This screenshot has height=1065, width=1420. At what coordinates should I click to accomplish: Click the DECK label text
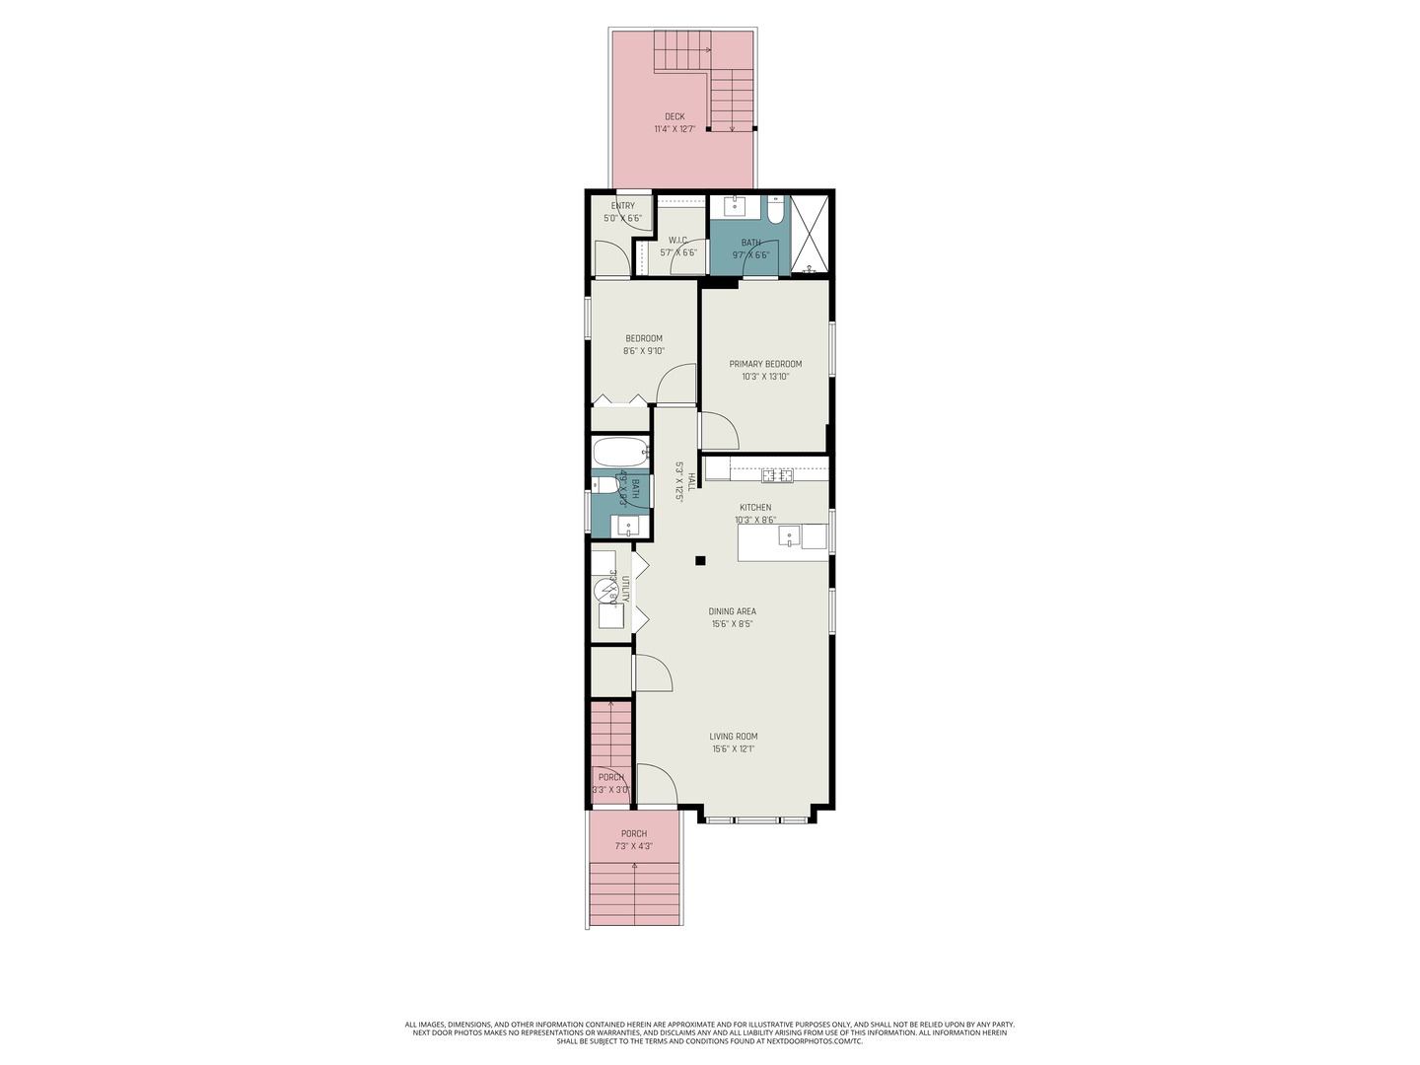tap(674, 116)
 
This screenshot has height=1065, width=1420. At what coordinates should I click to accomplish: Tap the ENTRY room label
tap(622, 206)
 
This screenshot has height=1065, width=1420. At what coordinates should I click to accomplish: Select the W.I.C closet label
tap(677, 240)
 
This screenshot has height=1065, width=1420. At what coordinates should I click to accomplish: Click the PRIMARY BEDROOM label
tap(765, 364)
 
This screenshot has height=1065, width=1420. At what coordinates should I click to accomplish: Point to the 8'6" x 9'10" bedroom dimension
tap(644, 351)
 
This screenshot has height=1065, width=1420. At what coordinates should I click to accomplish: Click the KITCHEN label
tap(755, 508)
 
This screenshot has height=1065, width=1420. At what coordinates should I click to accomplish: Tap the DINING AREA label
tap(733, 611)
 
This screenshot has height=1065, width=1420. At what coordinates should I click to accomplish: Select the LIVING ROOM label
tap(734, 737)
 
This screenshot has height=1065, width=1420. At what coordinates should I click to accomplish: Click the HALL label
tap(691, 481)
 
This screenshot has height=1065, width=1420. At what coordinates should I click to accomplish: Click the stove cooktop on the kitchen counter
tap(777, 476)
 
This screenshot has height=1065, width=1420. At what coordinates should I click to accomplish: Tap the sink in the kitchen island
tap(789, 536)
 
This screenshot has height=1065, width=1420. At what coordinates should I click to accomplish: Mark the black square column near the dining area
tap(700, 561)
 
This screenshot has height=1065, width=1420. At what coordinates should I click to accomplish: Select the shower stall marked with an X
tap(811, 235)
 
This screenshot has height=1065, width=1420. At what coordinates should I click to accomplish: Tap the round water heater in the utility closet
tap(605, 592)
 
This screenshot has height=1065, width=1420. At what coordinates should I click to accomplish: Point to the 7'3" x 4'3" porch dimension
tap(634, 846)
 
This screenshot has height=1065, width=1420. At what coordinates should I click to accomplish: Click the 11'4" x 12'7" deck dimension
tap(674, 129)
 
